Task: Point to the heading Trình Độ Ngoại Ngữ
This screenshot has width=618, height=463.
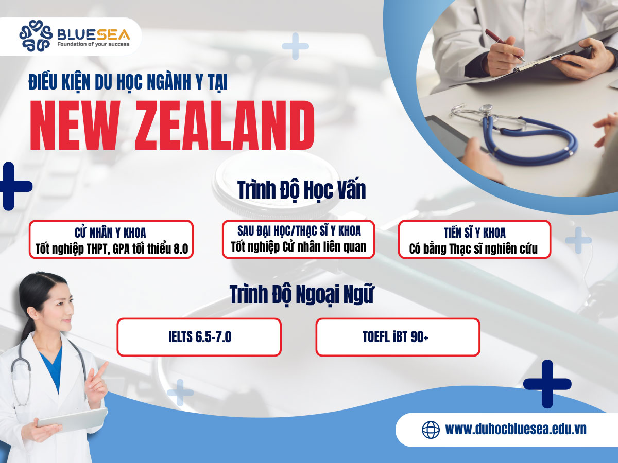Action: coord(302,295)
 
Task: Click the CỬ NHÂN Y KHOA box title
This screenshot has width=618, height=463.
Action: coord(111,232)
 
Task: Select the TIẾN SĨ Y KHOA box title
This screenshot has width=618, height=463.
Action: coord(474,232)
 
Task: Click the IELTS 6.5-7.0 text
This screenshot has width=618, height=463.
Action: coord(199,337)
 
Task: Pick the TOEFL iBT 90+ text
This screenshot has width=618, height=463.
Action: coord(398,337)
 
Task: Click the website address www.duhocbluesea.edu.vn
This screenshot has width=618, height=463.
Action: coord(516,429)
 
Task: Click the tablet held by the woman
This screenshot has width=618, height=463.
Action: coord(72,419)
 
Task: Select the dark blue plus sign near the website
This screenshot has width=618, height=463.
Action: coord(547,384)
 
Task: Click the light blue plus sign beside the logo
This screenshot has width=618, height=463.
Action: coord(295,46)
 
